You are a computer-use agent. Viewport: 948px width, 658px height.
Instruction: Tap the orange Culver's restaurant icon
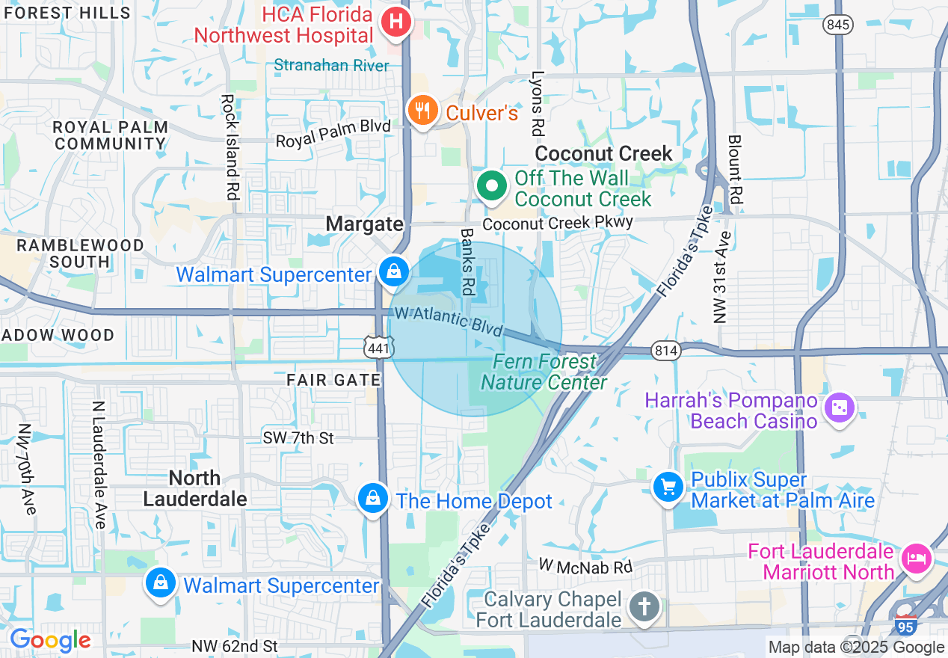pyautogui.click(x=423, y=111)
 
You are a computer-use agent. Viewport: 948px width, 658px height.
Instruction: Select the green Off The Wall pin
pyautogui.click(x=492, y=186)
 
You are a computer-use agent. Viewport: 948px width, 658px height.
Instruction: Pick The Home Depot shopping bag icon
pyautogui.click(x=372, y=499)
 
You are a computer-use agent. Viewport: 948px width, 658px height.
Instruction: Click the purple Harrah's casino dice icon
pyautogui.click(x=839, y=408)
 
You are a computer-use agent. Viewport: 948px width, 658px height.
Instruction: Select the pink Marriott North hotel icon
pyautogui.click(x=916, y=559)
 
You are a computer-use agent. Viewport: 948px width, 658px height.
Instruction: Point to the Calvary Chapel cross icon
pyautogui.click(x=643, y=606)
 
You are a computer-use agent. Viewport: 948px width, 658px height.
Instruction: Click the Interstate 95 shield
pyautogui.click(x=905, y=625)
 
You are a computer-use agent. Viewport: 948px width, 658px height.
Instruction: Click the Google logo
pyautogui.click(x=50, y=640)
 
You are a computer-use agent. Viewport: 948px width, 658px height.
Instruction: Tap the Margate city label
pyautogui.click(x=365, y=224)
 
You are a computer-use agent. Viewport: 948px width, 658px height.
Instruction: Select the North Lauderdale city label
pyautogui.click(x=194, y=488)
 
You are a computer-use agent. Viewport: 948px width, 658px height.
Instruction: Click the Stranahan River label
pyautogui.click(x=331, y=66)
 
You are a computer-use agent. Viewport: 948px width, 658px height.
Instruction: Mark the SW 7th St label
pyautogui.click(x=298, y=438)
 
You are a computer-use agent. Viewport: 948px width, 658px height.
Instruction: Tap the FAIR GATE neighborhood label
pyautogui.click(x=333, y=380)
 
